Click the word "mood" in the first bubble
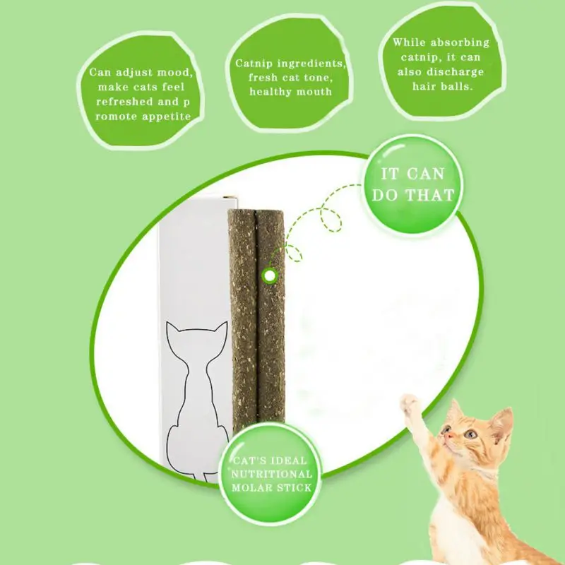(171, 73)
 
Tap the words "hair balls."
(442, 86)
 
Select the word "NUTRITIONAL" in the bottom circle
(272, 474)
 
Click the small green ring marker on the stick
(269, 276)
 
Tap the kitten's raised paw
(410, 403)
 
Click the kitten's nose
(447, 436)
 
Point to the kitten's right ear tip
(509, 410)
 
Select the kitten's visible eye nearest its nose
(448, 429)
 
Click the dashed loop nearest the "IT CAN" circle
(331, 218)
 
